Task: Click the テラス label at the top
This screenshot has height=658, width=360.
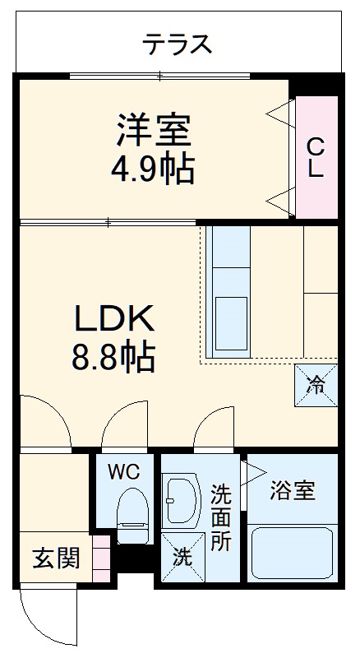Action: coord(178,44)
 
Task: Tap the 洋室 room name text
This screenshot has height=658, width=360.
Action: coord(154,129)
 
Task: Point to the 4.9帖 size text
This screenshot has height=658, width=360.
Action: coord(154,169)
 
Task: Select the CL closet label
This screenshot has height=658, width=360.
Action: coord(316,158)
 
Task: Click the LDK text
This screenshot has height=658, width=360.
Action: coord(114,318)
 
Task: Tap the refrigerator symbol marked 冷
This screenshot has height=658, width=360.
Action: coord(316,384)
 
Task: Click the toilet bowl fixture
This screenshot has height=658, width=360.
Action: coord(131,511)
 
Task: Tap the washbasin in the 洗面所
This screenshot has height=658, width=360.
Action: coord(180,499)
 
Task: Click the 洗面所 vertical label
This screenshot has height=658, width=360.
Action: coord(219,518)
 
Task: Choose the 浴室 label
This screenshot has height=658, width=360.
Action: coord(293,492)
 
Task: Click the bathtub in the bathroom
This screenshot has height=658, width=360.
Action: coord(292,553)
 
